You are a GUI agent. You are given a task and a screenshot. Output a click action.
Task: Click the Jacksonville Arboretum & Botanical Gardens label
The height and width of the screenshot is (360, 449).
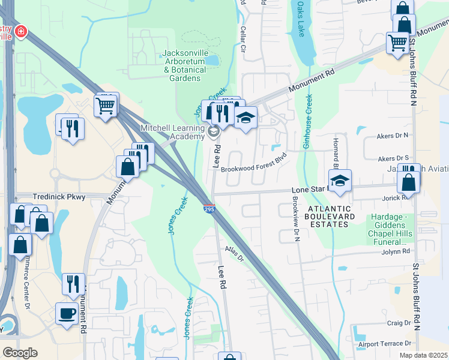click(185, 66)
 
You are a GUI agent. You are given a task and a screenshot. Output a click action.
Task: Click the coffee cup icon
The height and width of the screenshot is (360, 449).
click(66, 313)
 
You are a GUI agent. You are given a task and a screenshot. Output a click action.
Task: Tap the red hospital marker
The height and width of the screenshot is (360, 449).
click(21, 31)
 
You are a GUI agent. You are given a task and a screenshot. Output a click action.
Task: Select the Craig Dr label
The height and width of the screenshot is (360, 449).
click(399, 323)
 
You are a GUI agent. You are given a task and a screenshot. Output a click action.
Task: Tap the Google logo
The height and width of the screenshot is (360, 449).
click(20, 352)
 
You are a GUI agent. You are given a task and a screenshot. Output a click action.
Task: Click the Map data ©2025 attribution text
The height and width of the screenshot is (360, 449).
click(424, 355)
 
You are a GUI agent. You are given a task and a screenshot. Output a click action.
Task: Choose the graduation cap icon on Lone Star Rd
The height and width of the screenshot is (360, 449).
click(340, 180)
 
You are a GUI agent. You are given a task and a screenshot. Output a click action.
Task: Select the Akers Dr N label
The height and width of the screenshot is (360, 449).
click(393, 136)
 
